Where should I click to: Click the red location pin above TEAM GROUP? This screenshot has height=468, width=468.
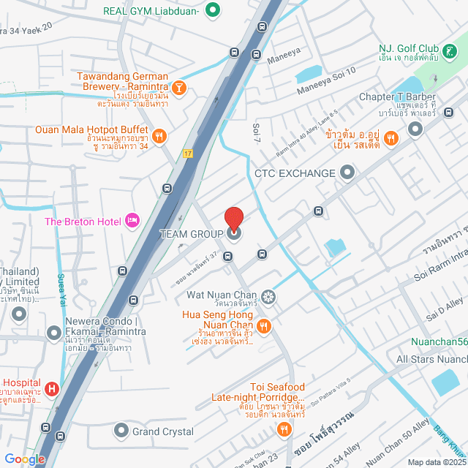(x=234, y=219)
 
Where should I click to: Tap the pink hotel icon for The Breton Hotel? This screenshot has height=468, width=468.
(x=132, y=220)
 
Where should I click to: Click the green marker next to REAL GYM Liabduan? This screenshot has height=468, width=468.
(x=213, y=10)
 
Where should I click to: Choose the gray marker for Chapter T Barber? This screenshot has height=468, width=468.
(x=415, y=129)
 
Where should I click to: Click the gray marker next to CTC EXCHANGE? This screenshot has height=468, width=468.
(x=347, y=173)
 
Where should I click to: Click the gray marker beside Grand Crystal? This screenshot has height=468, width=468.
(x=121, y=431)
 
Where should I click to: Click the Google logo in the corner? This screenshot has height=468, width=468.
(x=24, y=459)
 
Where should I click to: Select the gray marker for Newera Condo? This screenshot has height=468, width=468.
(x=53, y=333)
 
